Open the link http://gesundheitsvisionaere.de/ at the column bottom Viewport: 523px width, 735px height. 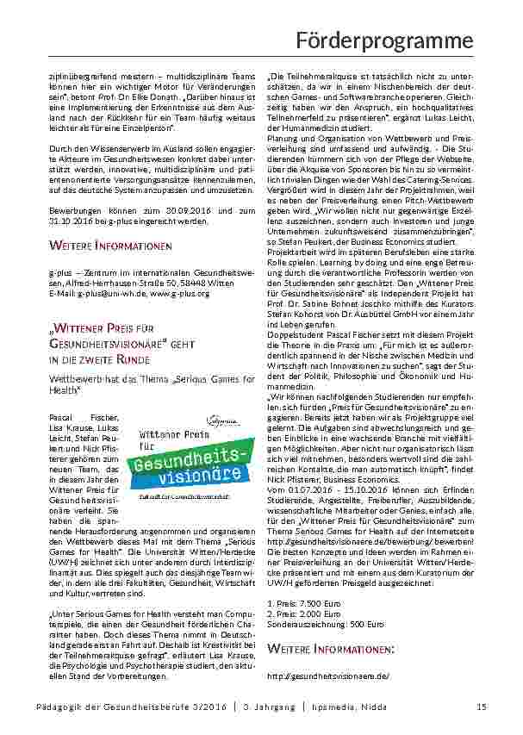[x=328, y=676]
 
